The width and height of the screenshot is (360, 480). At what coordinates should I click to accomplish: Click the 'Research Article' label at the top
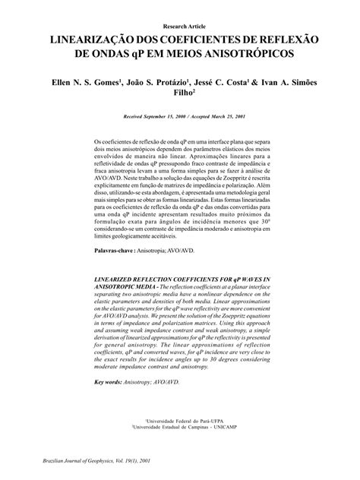[x=180, y=26]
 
